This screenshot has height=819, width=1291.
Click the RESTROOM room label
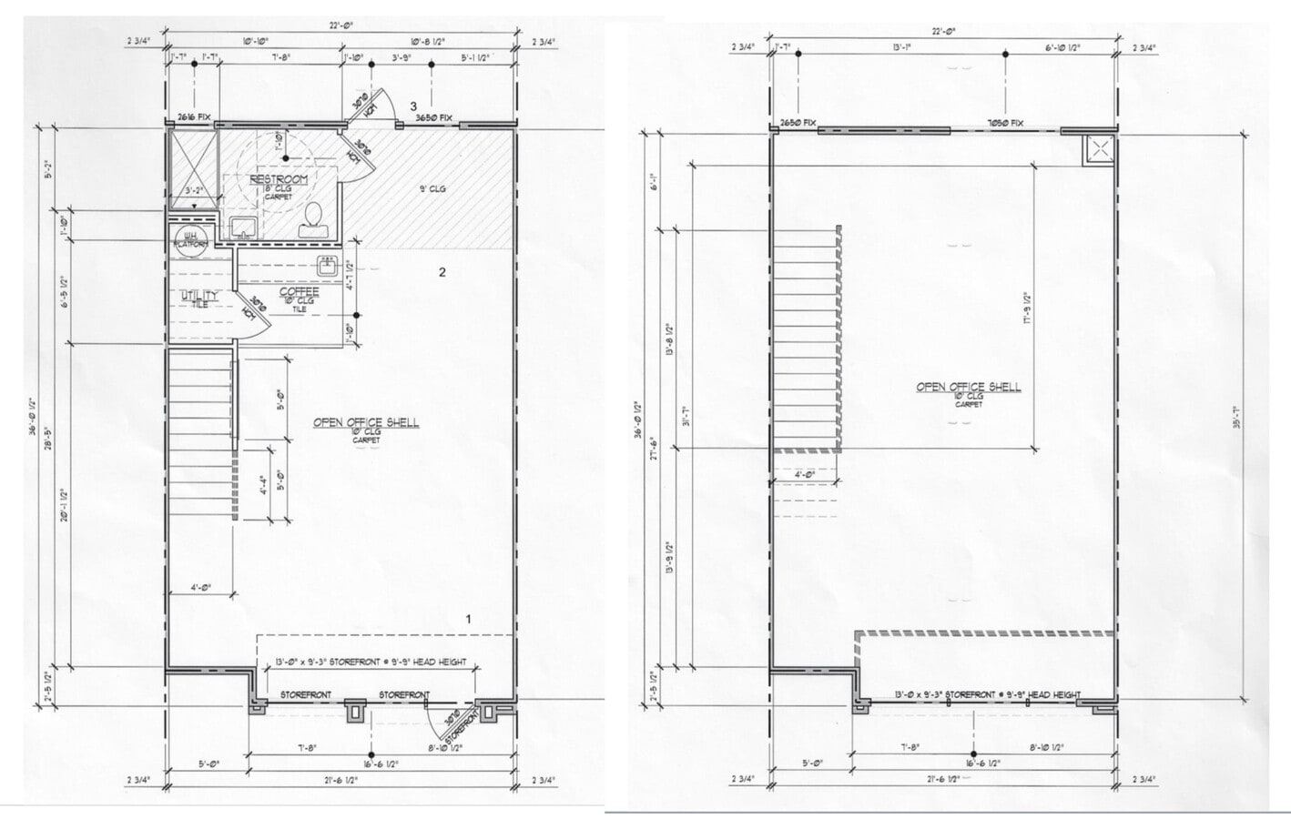click(x=280, y=179)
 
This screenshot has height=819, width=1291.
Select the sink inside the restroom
click(x=242, y=226)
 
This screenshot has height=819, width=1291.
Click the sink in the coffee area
click(x=328, y=266)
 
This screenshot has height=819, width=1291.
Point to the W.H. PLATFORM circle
click(x=190, y=240)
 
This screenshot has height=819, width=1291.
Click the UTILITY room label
click(x=198, y=296)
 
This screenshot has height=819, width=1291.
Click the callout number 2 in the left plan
click(x=442, y=272)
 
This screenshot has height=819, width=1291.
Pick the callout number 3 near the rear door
click(x=413, y=106)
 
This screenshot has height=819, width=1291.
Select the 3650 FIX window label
click(x=433, y=118)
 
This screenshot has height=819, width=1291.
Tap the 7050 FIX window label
click(x=1005, y=123)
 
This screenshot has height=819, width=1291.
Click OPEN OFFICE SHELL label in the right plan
click(x=968, y=387)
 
